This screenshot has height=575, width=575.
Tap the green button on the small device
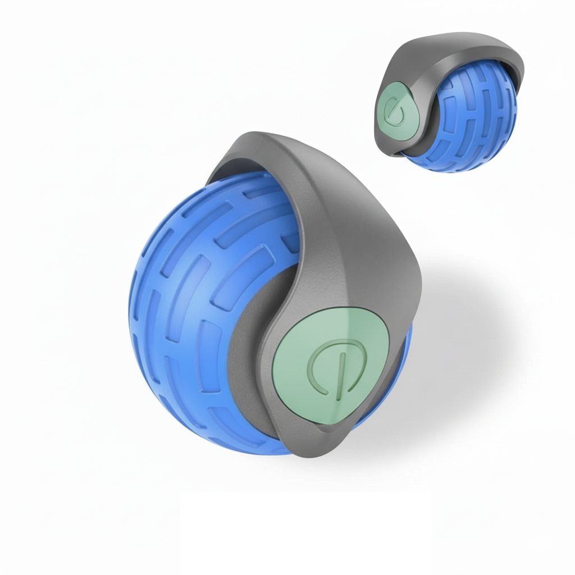coord(393,109)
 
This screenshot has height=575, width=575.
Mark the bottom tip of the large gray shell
coord(303,452)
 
